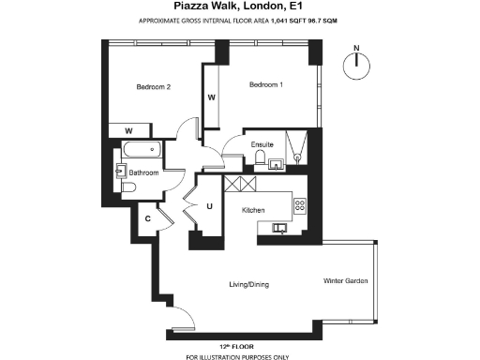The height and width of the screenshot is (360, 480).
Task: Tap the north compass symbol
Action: [355, 63]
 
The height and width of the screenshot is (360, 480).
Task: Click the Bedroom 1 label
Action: [265, 85]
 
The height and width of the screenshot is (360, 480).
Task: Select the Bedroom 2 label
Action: [153, 87]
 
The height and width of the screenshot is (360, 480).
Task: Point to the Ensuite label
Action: [262, 144]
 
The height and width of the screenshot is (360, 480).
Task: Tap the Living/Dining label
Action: [251, 282]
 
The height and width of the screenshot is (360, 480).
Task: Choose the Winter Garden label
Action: [345, 281]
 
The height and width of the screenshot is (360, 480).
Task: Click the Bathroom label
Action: [144, 172]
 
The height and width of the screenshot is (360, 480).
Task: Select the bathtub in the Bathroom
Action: [142, 150]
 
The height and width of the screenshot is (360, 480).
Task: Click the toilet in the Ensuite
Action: [275, 164]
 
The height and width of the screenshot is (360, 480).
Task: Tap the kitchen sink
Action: [279, 227]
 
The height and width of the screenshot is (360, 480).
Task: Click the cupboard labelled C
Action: [147, 218]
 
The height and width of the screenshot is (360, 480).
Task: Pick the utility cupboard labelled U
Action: [210, 206]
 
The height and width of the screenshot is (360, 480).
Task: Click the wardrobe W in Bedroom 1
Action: [212, 97]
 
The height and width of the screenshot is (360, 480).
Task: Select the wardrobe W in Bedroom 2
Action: [127, 130]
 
